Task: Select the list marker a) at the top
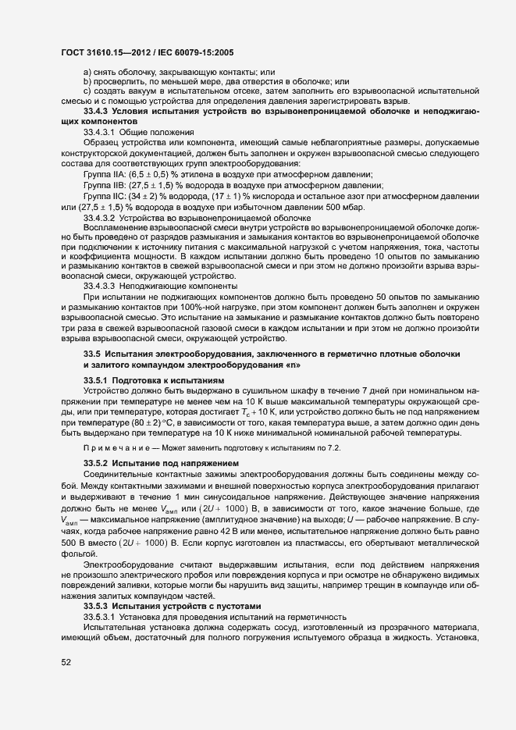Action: click(x=87, y=73)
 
